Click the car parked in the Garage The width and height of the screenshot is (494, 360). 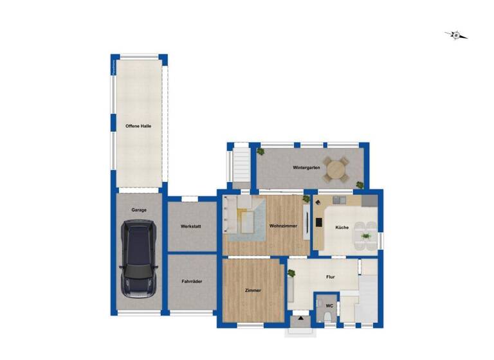pyautogui.click(x=138, y=258)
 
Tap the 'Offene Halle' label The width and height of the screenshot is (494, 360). pyautogui.click(x=138, y=126)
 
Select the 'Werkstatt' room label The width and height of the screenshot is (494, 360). pyautogui.click(x=191, y=227)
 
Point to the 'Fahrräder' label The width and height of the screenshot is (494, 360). pyautogui.click(x=191, y=281)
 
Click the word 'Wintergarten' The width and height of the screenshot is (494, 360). pyautogui.click(x=306, y=168)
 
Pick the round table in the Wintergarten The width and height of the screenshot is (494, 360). pyautogui.click(x=336, y=170)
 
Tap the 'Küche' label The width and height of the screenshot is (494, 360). pyautogui.click(x=342, y=228)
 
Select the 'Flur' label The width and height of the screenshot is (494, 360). pyautogui.click(x=331, y=277)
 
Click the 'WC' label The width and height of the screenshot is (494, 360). pyautogui.click(x=329, y=305)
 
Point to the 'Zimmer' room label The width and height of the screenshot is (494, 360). pyautogui.click(x=253, y=291)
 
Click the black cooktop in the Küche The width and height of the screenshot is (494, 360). pyautogui.click(x=318, y=223)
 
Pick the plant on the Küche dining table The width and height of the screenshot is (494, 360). pyautogui.click(x=366, y=237)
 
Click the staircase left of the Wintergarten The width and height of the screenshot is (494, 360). pyautogui.click(x=241, y=166)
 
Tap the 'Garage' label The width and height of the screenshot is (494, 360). pyautogui.click(x=139, y=210)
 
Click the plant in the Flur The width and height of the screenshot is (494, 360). pyautogui.click(x=291, y=273)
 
